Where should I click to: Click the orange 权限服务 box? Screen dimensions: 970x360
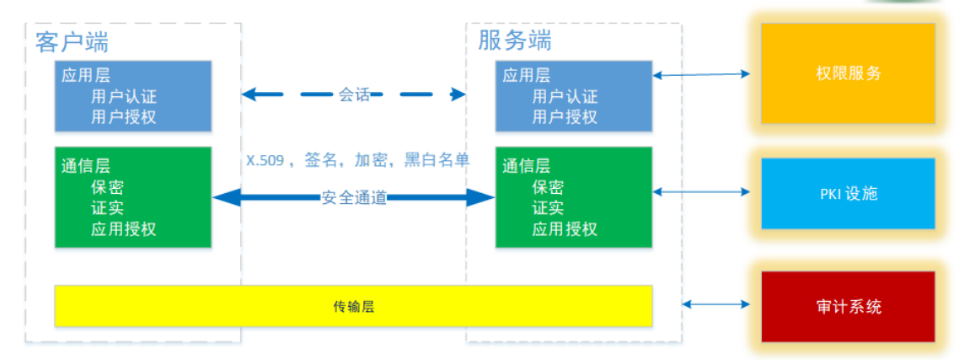click(x=848, y=73)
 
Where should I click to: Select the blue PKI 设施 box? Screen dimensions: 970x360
click(x=848, y=194)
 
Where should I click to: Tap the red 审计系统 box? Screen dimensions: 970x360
click(x=848, y=306)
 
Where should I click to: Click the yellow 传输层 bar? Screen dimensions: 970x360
click(x=353, y=305)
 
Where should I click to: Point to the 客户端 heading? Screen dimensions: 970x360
click(x=72, y=43)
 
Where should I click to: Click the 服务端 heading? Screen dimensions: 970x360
click(x=515, y=40)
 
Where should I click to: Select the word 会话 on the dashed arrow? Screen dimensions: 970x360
click(x=354, y=94)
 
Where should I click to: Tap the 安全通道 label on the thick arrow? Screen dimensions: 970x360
click(x=354, y=198)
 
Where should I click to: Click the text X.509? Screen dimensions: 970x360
click(x=265, y=161)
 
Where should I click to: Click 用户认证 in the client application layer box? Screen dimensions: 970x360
click(x=124, y=96)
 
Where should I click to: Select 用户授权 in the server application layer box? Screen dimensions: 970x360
click(x=565, y=116)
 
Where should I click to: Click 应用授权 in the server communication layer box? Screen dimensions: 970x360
click(x=565, y=228)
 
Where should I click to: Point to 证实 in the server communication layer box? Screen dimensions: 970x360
click(x=548, y=208)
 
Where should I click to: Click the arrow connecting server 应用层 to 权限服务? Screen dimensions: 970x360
click(x=702, y=75)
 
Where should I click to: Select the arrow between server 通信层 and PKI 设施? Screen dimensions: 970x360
click(x=702, y=192)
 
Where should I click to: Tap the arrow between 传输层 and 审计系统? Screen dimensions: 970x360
click(x=715, y=304)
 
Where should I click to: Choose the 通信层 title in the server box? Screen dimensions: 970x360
click(x=526, y=166)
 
